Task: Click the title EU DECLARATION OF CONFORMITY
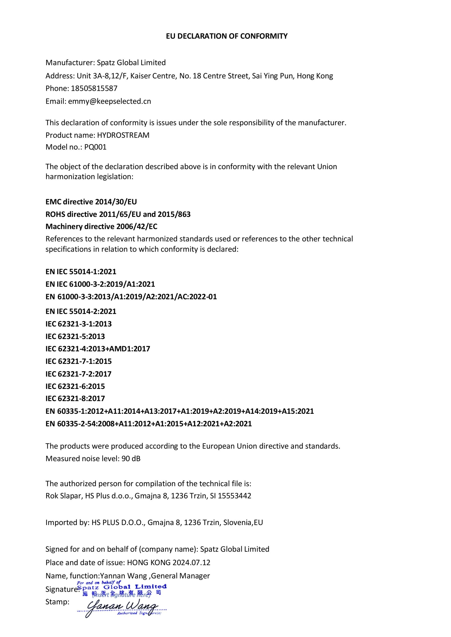[226, 36]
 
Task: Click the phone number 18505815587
[94, 89]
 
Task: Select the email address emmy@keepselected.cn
[110, 101]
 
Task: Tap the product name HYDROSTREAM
[123, 135]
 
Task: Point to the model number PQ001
[95, 147]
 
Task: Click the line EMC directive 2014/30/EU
[91, 202]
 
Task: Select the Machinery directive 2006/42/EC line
[101, 226]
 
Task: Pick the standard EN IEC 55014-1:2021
[81, 271]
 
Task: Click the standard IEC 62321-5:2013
[75, 336]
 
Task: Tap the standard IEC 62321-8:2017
[75, 399]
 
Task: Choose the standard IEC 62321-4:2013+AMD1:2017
[98, 349]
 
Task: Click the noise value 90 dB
[131, 459]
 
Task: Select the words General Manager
[180, 576]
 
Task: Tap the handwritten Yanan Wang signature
[122, 607]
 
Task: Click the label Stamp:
[57, 602]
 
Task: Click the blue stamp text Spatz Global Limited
[122, 587]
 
